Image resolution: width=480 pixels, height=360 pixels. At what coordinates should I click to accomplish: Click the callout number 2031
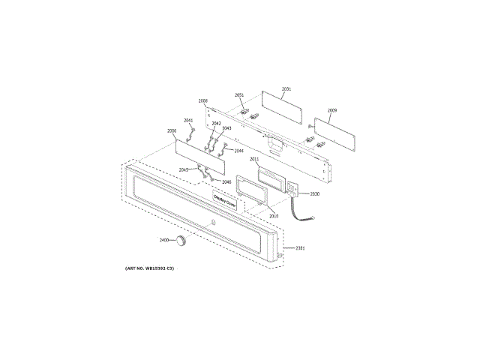(286, 89)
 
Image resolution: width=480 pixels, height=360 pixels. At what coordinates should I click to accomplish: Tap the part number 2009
(331, 110)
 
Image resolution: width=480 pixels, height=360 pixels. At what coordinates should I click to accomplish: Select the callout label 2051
(239, 94)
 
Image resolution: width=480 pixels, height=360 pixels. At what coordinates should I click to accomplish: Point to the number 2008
(203, 100)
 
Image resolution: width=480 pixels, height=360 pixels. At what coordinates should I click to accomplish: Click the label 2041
(188, 120)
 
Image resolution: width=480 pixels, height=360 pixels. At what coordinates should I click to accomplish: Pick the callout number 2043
(226, 128)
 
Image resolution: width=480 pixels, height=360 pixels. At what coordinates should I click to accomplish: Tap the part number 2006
(172, 130)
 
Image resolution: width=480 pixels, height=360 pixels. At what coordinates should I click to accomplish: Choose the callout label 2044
(238, 151)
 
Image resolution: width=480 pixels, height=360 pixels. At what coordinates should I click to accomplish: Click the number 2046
(226, 181)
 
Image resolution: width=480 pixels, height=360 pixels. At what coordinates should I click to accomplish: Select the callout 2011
(254, 159)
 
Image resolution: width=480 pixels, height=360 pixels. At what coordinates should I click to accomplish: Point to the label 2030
(314, 193)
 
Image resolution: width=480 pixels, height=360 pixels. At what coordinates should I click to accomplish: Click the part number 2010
(274, 216)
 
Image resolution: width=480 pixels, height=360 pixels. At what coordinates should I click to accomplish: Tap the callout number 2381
(300, 247)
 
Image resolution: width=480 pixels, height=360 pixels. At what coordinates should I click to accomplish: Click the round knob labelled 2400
(181, 240)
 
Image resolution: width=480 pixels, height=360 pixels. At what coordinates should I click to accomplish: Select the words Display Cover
(225, 201)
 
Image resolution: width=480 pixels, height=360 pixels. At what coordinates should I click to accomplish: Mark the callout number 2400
(164, 240)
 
